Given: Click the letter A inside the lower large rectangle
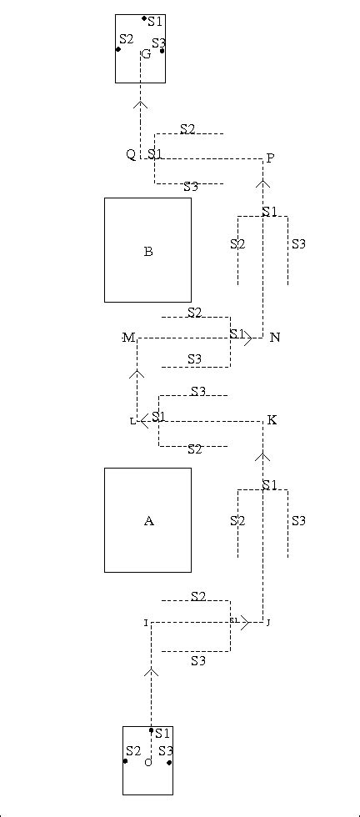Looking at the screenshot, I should [148, 521].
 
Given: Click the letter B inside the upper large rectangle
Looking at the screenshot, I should [148, 252].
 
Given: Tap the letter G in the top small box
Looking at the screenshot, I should [146, 54].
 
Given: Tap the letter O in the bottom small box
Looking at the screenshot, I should [147, 762].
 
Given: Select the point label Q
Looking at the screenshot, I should [131, 155].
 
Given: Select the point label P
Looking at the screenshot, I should [270, 158].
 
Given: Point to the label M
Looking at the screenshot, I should [128, 338].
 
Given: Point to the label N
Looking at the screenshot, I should [275, 338].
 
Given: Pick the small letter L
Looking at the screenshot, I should [132, 422].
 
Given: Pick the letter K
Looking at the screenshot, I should [272, 420].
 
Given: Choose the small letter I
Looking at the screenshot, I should [145, 623].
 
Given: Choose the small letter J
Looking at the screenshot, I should [268, 623].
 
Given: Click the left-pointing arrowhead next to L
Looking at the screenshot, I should [143, 421].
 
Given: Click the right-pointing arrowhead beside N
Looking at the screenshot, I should [249, 338].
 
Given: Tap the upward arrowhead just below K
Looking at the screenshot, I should [263, 456].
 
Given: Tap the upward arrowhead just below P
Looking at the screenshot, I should [263, 183].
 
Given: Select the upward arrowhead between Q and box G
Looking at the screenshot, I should [140, 104].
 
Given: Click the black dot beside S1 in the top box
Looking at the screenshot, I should [144, 18].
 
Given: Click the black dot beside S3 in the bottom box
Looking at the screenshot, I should [169, 762].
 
